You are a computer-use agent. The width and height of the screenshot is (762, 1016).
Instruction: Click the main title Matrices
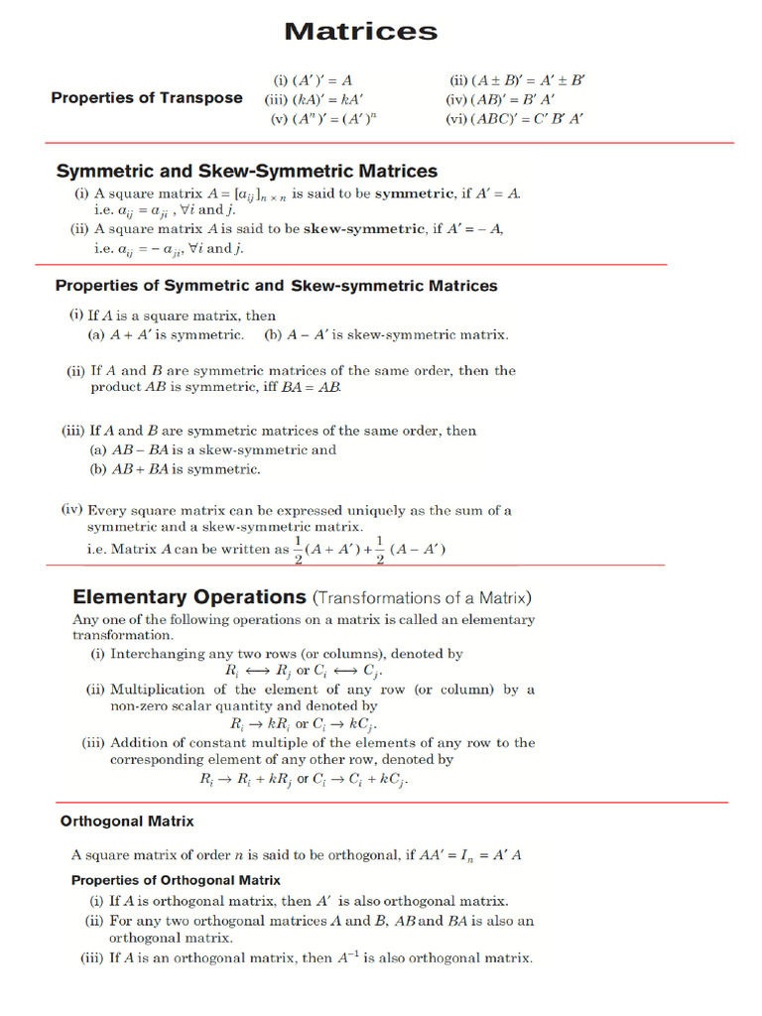(x=360, y=32)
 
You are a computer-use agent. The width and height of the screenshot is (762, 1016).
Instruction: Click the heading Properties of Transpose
(x=147, y=97)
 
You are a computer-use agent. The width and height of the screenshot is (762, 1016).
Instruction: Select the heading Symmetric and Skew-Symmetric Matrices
(x=246, y=171)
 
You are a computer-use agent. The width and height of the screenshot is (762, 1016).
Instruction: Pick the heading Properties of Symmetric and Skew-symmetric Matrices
(x=276, y=286)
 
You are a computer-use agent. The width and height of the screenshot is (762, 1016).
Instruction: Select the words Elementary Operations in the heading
(x=190, y=597)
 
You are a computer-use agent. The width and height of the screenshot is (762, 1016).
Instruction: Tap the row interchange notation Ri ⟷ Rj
(x=253, y=672)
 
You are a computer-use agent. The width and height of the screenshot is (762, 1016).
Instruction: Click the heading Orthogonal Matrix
(x=127, y=822)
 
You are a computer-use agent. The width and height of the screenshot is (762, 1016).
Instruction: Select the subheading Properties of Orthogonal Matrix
(x=176, y=880)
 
